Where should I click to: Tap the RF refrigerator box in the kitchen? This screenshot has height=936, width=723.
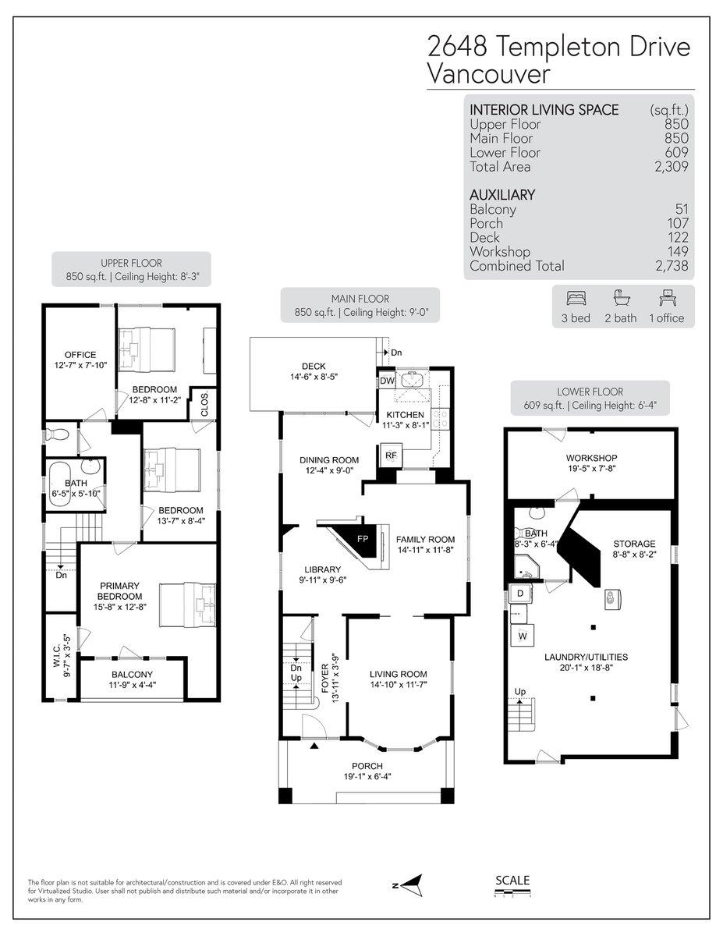(x=390, y=456)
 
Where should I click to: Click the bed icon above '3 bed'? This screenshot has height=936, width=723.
(x=576, y=298)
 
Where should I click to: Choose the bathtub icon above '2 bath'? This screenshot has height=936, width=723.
(x=621, y=298)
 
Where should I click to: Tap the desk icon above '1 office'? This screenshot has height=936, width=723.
(x=666, y=298)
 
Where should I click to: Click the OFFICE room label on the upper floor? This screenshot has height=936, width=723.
(x=80, y=355)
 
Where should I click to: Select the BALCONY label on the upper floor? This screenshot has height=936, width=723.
(x=132, y=674)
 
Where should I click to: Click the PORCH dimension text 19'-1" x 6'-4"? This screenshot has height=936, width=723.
(x=367, y=776)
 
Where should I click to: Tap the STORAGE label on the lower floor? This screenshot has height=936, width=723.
(x=634, y=544)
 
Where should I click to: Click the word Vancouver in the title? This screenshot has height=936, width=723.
(x=488, y=74)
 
